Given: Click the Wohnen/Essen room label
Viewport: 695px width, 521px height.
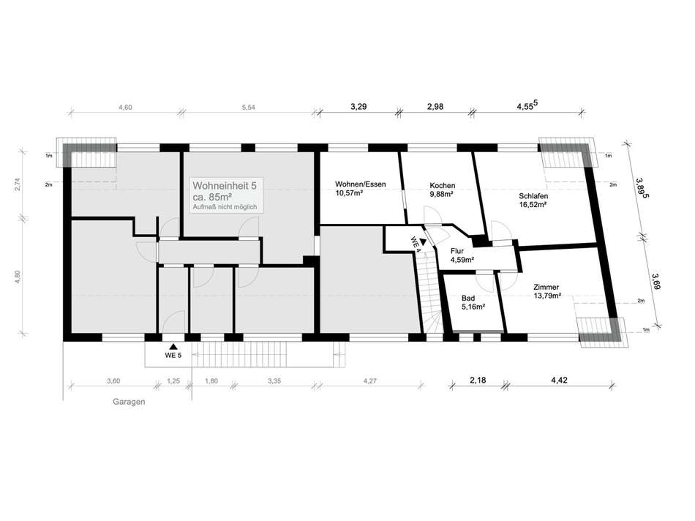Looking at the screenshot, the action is pos(361,184).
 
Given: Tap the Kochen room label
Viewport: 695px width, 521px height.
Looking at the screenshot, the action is pos(442,186).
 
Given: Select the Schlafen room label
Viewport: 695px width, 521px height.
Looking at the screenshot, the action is pos(533,196).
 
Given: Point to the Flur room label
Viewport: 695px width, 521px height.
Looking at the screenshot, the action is pos(457,251).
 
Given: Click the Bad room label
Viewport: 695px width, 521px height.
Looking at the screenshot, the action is pos(468,298).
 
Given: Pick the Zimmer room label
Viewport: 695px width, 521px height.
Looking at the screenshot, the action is pos(546,288).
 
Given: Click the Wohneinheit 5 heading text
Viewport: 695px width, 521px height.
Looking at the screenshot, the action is pos(225,185).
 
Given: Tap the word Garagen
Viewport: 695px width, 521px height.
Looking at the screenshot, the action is pos(129,402).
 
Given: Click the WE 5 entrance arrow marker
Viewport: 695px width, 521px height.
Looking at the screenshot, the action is pos(173,347).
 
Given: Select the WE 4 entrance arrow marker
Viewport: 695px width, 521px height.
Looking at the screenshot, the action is pos(423,241).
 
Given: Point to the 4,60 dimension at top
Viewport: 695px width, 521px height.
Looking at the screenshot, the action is pos(125,107).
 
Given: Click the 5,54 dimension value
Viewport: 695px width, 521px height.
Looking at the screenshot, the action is pos(248,107).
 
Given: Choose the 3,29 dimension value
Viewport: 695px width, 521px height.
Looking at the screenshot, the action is pos(358,106).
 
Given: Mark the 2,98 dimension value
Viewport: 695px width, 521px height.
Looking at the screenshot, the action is pos(435,106).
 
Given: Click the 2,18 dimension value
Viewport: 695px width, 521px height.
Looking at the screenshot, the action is pos(478,380).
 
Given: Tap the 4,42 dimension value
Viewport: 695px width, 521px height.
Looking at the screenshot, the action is pos(560,380).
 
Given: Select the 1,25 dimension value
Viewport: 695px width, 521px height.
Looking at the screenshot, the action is pos(173,381).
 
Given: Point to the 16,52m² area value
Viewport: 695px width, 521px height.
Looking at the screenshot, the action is pos(533,204).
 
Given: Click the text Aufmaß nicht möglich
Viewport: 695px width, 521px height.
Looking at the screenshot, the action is pos(225,207).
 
